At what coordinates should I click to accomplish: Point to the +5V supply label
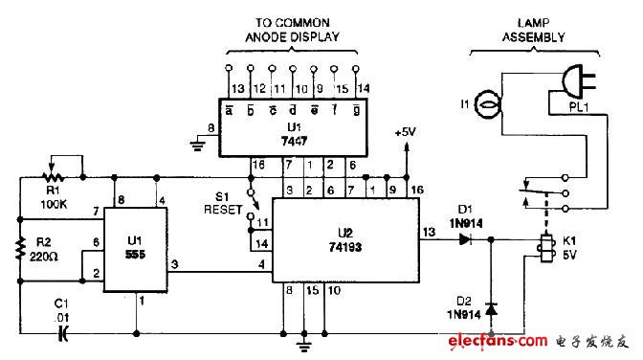407,133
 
